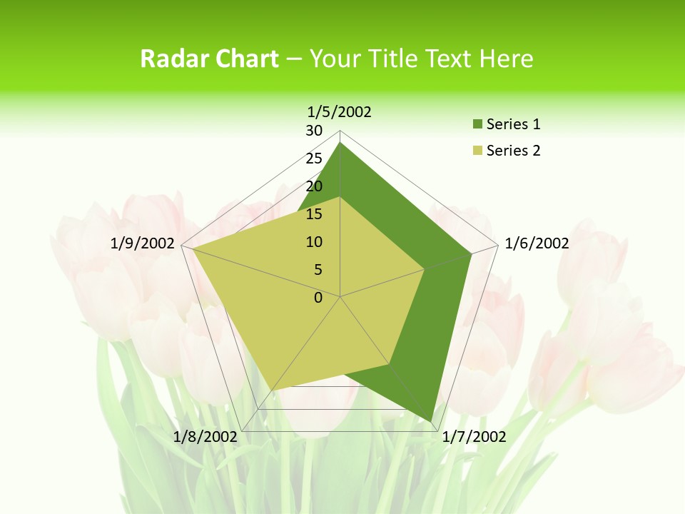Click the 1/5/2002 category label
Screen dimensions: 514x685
point(340,111)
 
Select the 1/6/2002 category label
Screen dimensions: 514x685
point(537,243)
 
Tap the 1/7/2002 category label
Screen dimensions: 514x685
point(474,437)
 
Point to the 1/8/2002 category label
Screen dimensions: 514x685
point(205,437)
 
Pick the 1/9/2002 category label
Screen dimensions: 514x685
point(143,243)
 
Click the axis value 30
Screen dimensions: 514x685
point(314,131)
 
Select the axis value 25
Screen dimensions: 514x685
point(314,158)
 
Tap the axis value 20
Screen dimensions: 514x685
point(314,186)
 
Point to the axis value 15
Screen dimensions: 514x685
point(314,214)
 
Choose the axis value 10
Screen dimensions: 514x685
point(314,242)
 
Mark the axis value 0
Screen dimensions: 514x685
point(318,298)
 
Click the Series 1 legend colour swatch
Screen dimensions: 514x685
point(477,125)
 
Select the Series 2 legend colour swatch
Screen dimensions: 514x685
point(477,151)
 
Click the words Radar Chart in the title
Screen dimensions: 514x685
point(209,59)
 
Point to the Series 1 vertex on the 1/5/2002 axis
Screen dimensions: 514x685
point(340,142)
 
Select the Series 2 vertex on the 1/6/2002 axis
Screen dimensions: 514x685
point(425,269)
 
